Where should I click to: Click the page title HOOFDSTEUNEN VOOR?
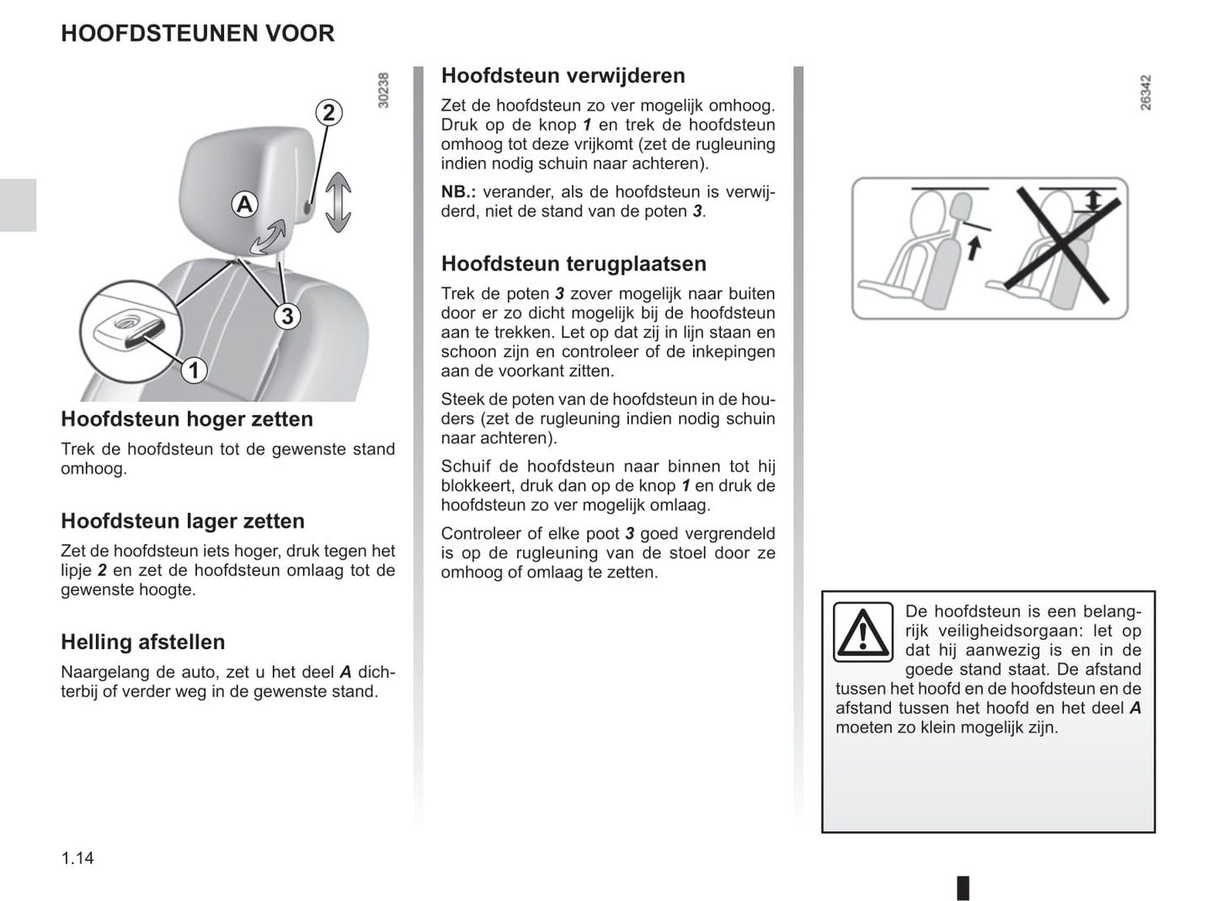(x=198, y=34)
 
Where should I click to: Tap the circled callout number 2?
(x=328, y=113)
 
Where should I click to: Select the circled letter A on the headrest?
(x=244, y=204)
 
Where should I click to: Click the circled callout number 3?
(x=287, y=316)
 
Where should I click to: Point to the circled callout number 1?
(x=194, y=370)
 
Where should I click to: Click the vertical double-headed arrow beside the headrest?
(x=338, y=202)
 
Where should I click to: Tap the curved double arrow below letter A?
(x=269, y=237)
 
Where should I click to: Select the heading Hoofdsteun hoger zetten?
(x=187, y=419)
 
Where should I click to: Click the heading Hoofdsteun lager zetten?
(x=183, y=521)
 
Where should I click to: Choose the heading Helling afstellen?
(x=143, y=642)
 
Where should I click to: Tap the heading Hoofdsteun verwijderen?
(x=563, y=76)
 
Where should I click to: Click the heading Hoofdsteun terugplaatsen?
(x=574, y=264)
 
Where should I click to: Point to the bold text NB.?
(x=458, y=192)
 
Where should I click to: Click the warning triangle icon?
(x=862, y=632)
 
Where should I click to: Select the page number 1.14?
(x=77, y=858)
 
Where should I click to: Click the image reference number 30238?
(x=384, y=90)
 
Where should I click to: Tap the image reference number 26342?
(x=1145, y=93)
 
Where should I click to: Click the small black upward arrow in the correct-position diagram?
(x=974, y=248)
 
